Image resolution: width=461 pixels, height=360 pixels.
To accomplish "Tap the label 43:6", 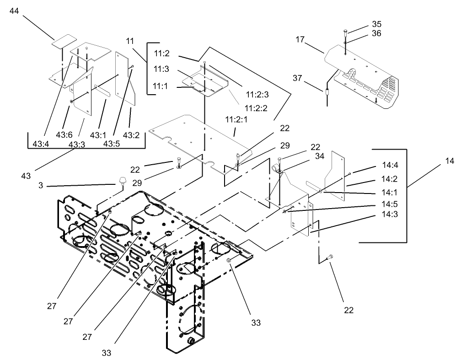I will [x=64, y=135].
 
